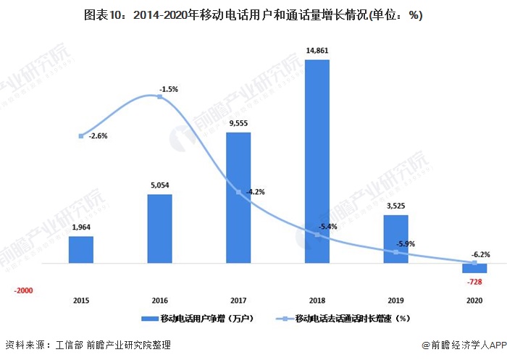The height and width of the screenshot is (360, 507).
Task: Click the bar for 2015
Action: coord(81,249)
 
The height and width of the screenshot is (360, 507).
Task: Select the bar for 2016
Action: coord(159,228)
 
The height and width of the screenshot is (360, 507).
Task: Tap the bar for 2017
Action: coord(238,197)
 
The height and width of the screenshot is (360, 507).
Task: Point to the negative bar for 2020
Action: coord(474,268)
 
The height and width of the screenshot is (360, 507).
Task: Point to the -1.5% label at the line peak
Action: coord(168,89)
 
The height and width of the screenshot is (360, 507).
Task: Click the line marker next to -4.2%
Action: coord(238,192)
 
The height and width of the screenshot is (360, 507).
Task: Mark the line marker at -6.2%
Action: coord(474,262)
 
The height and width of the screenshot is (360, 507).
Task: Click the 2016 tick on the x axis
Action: coord(159,299)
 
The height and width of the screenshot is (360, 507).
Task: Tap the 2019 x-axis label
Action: coord(395,299)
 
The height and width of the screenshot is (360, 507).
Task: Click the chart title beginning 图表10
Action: coord(253,15)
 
